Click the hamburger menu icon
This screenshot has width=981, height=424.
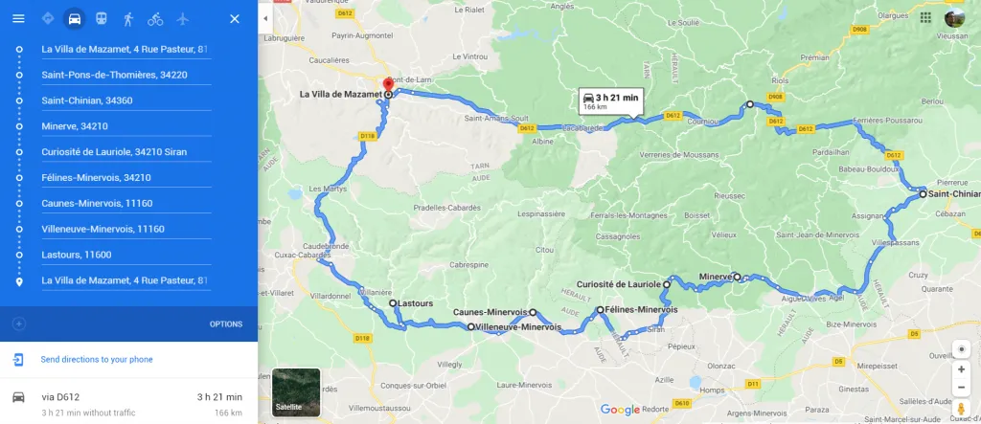pyautogui.click(x=18, y=19)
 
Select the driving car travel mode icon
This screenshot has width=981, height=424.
pyautogui.click(x=75, y=19)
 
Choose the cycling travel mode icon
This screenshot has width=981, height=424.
pyautogui.click(x=155, y=19)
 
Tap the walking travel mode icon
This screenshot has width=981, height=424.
pyautogui.click(x=128, y=19)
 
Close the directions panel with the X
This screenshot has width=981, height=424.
pyautogui.click(x=235, y=19)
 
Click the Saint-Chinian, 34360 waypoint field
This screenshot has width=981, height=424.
pyautogui.click(x=125, y=100)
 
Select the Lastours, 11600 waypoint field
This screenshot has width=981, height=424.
pyautogui.click(x=125, y=256)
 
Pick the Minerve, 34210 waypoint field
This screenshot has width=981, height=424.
pyautogui.click(x=125, y=126)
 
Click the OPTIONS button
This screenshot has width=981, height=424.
pyautogui.click(x=226, y=324)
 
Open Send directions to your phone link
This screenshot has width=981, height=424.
pyautogui.click(x=96, y=360)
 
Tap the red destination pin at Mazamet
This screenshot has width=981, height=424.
pyautogui.click(x=387, y=84)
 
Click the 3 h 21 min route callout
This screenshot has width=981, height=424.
pyautogui.click(x=609, y=101)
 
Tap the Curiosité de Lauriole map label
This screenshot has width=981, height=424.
pyautogui.click(x=618, y=284)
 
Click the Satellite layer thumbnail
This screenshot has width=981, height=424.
pyautogui.click(x=295, y=392)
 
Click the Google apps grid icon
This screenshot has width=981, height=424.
pyautogui.click(x=925, y=17)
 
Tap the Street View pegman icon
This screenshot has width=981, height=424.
pyautogui.click(x=961, y=409)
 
